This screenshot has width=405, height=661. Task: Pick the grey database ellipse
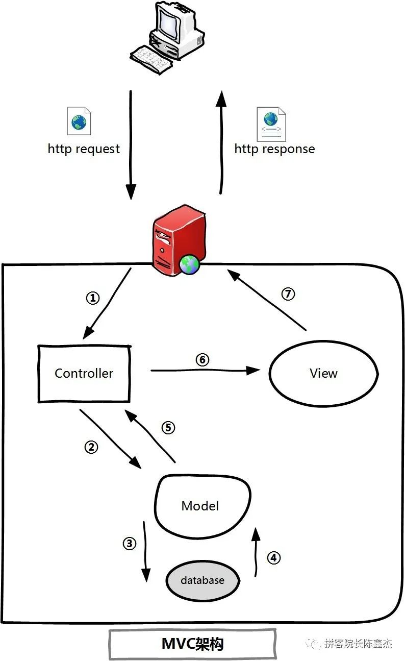pos(202,580)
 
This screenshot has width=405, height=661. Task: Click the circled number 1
pos(93,298)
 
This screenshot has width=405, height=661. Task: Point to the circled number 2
pos(91,447)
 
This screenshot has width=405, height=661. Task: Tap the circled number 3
pos(130,543)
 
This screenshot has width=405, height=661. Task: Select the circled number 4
pos(274,558)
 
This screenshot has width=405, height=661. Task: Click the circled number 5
pos(168,427)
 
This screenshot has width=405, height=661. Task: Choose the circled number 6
pos(202,359)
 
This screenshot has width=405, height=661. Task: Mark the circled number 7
pos(288,294)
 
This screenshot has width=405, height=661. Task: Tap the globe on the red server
pos(190,264)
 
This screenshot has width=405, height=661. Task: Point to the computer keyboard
pos(150,60)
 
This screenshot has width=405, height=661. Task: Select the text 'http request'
pos(84,149)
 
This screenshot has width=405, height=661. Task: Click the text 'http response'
pos(274,149)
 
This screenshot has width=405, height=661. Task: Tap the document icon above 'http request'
pos(79,121)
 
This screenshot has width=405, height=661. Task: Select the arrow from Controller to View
pos(205,370)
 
